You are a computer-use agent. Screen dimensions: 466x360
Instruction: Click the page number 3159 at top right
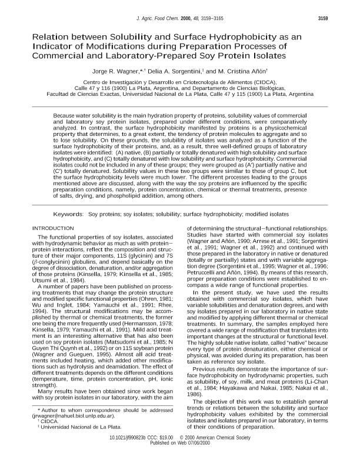pos(335,18)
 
